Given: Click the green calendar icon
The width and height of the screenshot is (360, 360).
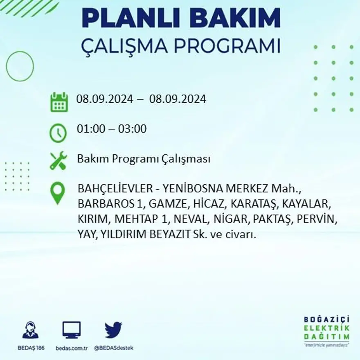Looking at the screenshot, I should tap(59, 102).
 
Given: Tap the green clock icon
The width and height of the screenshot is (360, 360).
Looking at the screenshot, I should tap(58, 133).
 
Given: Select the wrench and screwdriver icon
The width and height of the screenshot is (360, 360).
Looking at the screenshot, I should tap(58, 160).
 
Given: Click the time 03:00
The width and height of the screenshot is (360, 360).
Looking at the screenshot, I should tap(132, 129).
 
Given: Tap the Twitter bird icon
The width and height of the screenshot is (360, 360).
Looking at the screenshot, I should tap(113, 329).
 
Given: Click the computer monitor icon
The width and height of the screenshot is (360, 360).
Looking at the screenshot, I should tap(71, 330).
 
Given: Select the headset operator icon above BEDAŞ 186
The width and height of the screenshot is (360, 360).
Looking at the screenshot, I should tap(30, 330).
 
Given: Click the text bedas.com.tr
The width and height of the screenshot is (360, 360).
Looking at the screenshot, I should tap(71, 348).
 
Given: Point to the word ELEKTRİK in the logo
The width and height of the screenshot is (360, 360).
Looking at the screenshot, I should tap(326, 328).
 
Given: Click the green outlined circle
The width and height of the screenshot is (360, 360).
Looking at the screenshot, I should tap(20, 66).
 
